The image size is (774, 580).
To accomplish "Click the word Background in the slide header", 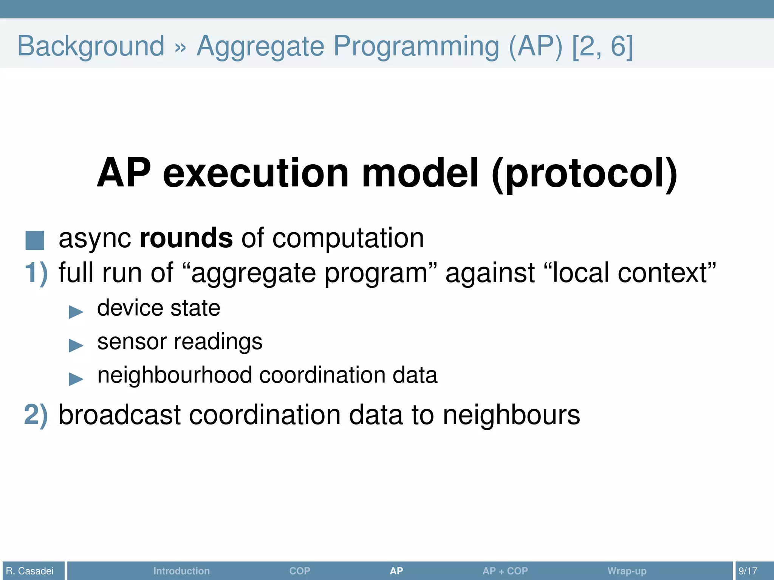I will click(x=91, y=46).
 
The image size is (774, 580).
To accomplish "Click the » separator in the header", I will click(x=181, y=48).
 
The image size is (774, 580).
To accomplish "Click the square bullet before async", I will click(x=35, y=241).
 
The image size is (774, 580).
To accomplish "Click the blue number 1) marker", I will click(x=36, y=273).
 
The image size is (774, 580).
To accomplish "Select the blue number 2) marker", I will click(x=36, y=415).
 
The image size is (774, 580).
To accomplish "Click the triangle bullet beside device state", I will click(x=76, y=312).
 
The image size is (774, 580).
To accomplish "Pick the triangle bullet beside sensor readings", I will click(x=76, y=345).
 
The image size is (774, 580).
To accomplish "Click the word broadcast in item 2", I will click(x=119, y=415).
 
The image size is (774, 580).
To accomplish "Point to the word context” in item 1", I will click(x=667, y=273).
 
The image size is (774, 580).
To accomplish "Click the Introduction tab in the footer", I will click(x=181, y=571).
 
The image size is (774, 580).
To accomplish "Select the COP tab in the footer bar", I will click(x=300, y=571).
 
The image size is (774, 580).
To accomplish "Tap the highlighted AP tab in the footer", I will click(x=396, y=571).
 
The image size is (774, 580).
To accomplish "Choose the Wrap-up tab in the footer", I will click(x=627, y=571).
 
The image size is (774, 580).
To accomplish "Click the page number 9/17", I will click(x=748, y=571).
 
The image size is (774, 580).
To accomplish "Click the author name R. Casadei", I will click(x=30, y=571).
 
